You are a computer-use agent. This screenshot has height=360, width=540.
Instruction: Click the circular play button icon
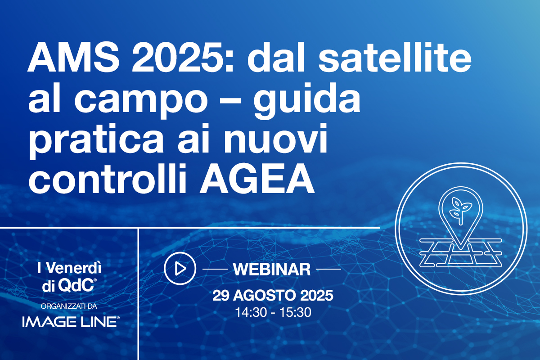pos(180,269)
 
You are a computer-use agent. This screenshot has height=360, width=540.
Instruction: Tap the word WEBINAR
pos(272,269)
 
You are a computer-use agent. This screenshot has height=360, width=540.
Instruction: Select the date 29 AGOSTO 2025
pos(273,296)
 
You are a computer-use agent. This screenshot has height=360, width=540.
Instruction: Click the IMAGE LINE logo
pos(70,321)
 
